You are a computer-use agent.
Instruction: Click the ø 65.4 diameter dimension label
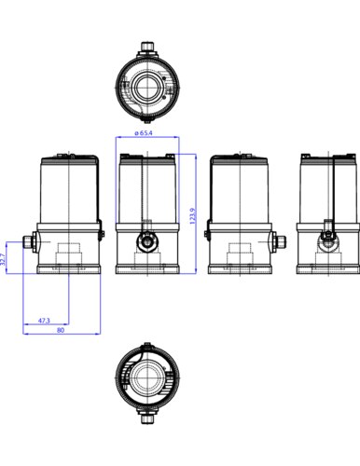(144, 133)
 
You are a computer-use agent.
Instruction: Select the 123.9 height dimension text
(192, 216)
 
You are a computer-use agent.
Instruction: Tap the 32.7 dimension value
(3, 259)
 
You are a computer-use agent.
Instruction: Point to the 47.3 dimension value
(44, 321)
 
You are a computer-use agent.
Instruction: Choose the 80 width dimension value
(61, 330)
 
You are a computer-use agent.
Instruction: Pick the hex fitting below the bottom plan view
(147, 418)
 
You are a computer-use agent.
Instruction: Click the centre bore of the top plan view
(147, 88)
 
